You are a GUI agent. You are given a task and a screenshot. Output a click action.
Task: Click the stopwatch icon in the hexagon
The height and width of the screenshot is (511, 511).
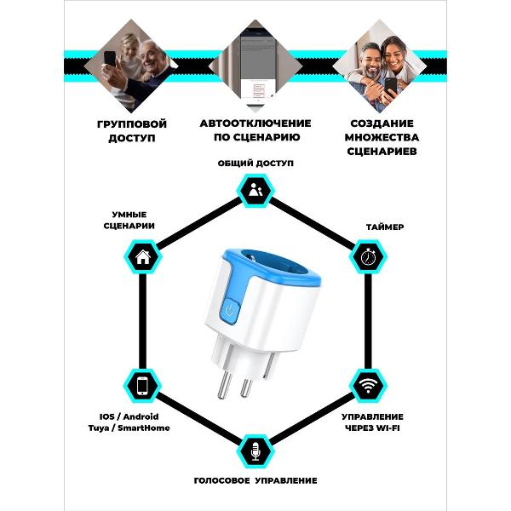[x=368, y=256]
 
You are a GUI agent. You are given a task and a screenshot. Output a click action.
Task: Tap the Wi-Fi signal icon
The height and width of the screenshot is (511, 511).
[x=368, y=386]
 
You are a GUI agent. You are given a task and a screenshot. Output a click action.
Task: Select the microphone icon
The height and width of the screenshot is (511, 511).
[x=255, y=451]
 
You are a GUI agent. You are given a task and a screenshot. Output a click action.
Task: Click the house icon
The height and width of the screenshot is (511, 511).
[x=143, y=257]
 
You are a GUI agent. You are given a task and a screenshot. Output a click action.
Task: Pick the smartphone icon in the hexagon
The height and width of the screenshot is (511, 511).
[x=142, y=386]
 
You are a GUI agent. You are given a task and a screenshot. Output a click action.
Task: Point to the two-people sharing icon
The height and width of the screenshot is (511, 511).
[x=255, y=189]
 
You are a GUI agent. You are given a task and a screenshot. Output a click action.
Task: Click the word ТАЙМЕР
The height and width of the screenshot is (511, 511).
[x=385, y=227]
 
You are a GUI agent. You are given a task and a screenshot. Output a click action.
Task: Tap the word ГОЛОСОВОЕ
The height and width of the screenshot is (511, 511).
[x=221, y=480]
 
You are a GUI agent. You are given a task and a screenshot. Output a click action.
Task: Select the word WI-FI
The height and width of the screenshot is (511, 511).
[x=388, y=428]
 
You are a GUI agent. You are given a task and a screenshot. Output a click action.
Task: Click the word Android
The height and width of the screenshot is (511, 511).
[x=141, y=416]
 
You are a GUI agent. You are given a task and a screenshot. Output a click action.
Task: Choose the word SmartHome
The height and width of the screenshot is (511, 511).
[x=144, y=428]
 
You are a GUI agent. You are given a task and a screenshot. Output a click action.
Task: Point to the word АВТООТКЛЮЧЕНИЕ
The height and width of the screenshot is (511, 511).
[x=255, y=123]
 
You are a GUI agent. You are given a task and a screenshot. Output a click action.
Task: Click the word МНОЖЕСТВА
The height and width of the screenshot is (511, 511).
[x=382, y=137]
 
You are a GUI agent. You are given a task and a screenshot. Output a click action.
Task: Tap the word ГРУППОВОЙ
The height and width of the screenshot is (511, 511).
[x=132, y=124]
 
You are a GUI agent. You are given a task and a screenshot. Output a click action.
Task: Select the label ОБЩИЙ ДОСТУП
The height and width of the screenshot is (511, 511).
[x=255, y=163]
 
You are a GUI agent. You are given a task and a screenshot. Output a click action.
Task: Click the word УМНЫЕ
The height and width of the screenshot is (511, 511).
[x=129, y=215]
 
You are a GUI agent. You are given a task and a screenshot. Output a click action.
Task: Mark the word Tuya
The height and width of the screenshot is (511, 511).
[x=99, y=428]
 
